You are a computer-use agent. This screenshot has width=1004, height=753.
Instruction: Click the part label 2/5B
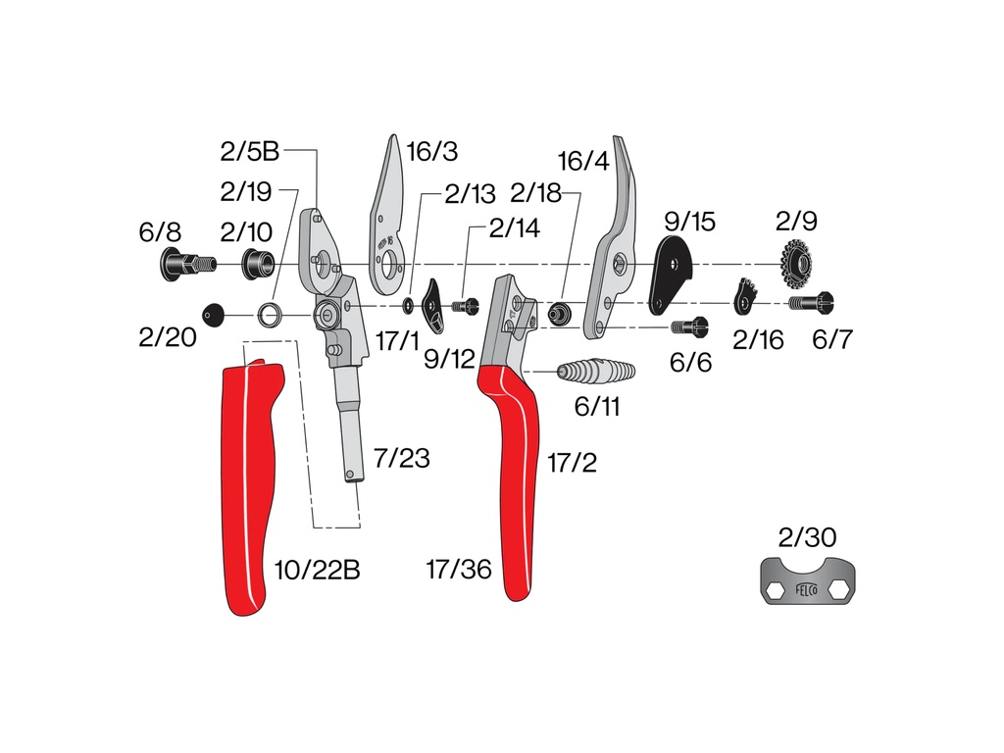(x=250, y=151)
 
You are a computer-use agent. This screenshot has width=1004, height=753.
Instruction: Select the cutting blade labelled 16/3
(x=388, y=218)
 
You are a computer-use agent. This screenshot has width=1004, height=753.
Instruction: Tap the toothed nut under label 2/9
(x=796, y=263)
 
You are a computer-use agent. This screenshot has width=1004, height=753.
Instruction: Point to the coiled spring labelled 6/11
(x=596, y=371)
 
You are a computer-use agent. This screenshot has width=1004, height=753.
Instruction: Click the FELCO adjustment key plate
(x=808, y=580)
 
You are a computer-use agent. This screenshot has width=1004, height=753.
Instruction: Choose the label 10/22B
(x=317, y=570)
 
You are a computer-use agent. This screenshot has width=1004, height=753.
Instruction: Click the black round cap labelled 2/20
(x=213, y=315)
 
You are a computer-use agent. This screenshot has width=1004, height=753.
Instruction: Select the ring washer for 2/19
(x=271, y=315)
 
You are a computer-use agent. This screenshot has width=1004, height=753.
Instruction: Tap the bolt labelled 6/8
(x=187, y=264)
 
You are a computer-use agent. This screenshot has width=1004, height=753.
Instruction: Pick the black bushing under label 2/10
(x=258, y=263)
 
